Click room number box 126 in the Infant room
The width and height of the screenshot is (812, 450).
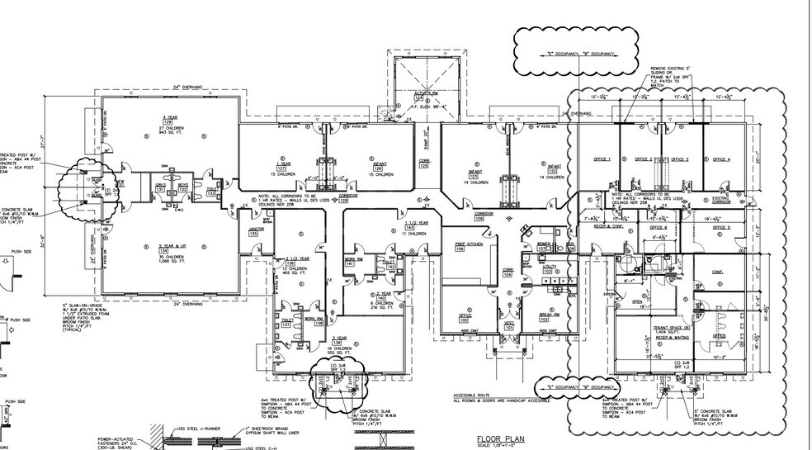pos(380,170)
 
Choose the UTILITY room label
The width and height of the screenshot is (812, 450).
pos(548,267)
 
